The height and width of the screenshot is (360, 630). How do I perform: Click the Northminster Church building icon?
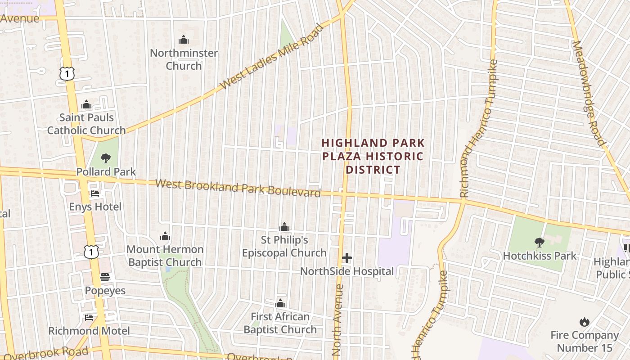click(x=183, y=40)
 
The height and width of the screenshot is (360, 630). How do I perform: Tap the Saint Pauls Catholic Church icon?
click(x=86, y=105)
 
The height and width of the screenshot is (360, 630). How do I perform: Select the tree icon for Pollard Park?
click(x=106, y=158)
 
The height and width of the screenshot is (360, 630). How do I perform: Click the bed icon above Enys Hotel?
click(x=95, y=193)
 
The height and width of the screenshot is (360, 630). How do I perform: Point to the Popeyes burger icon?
click(x=105, y=277)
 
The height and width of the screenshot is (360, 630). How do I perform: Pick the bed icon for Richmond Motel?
click(x=89, y=318)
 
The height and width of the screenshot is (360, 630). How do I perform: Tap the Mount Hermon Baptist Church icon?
click(x=165, y=236)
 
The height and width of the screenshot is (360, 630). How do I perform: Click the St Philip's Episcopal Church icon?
click(x=284, y=226)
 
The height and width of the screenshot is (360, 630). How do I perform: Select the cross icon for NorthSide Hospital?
click(x=346, y=258)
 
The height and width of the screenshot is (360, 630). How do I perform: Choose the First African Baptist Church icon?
click(x=280, y=303)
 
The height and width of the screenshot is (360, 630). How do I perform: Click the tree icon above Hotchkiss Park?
click(x=539, y=243)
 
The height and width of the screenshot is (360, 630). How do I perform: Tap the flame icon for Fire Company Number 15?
click(x=584, y=322)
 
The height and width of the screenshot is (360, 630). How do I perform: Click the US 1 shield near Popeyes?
click(x=91, y=252)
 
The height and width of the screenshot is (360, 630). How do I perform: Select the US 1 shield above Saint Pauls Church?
click(x=67, y=73)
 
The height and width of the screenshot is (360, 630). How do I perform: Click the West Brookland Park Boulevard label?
click(x=238, y=188)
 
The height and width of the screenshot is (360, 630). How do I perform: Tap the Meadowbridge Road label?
click(x=589, y=93)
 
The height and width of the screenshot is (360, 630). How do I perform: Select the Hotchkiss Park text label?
click(x=540, y=256)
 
